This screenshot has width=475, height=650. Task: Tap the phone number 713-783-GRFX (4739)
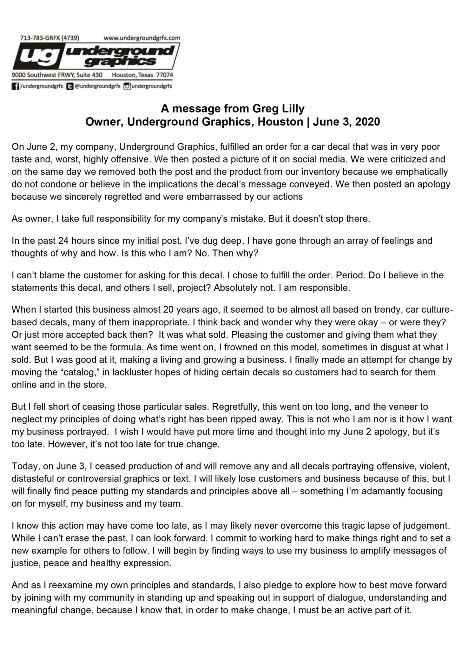coord(50,38)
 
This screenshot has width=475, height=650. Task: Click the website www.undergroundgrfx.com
coord(142,38)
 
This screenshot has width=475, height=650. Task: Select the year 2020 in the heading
coord(367,122)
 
